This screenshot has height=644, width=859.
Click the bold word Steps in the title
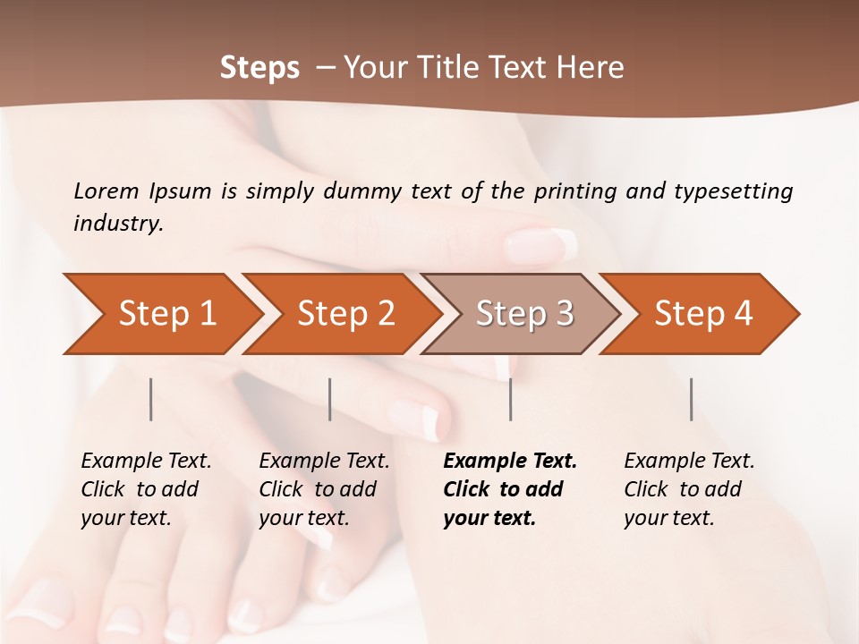[x=259, y=68]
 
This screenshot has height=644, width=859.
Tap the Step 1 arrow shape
[x=161, y=314]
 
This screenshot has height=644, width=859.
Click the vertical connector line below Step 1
[x=151, y=399]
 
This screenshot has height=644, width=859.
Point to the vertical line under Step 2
[x=330, y=399]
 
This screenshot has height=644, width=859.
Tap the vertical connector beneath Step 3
[x=511, y=399]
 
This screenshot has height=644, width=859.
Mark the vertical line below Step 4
[x=692, y=399]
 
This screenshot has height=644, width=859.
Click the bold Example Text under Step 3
[x=510, y=489]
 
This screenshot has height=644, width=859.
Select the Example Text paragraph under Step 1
[x=146, y=489]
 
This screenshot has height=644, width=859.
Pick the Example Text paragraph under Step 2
[x=324, y=489]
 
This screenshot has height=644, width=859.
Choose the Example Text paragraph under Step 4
[x=689, y=489]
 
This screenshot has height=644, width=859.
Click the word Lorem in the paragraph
[x=106, y=191]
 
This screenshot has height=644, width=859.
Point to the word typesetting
[x=733, y=191]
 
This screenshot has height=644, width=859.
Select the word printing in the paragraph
[x=577, y=191]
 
